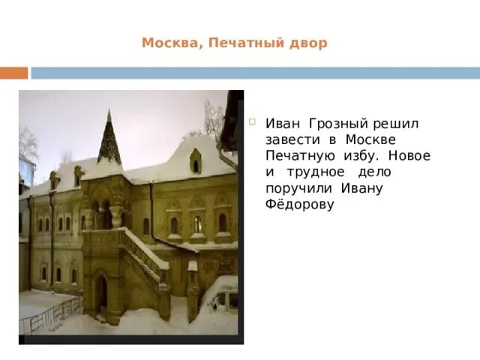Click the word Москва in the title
point(169,43)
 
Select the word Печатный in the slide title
point(240,43)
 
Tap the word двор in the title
point(308,43)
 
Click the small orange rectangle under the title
point(13,73)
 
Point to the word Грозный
point(335,123)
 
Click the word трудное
point(314,172)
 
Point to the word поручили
point(298,189)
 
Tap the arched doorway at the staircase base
point(100,291)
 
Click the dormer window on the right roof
point(195,160)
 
